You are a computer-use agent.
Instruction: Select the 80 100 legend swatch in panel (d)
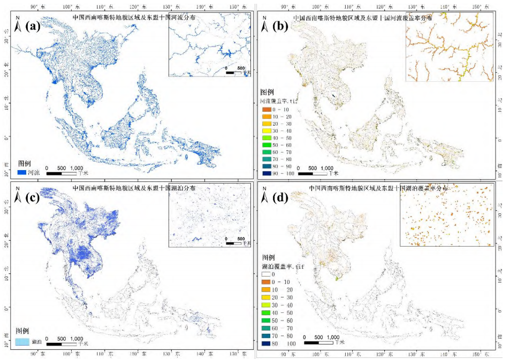click(265, 343)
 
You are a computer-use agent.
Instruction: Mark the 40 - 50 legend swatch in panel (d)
click(265, 312)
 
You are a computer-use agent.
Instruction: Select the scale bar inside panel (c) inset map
click(234, 243)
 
